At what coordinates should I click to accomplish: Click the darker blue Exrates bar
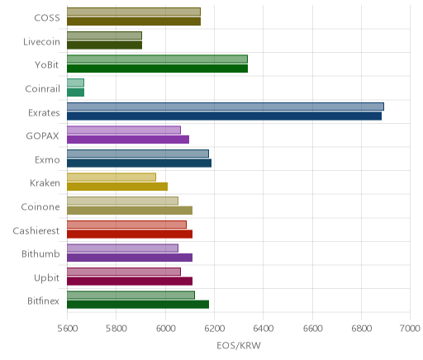(224, 116)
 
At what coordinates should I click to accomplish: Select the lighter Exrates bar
(226, 107)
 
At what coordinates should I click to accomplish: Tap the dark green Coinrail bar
(75, 92)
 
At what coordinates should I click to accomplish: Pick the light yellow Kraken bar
(112, 177)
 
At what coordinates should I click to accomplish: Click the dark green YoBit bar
(157, 69)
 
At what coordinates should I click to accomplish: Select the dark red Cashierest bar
(130, 234)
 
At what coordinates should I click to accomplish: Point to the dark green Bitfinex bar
(138, 305)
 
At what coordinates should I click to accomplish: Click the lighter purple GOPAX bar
(124, 130)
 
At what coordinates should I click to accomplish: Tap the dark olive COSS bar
(134, 21)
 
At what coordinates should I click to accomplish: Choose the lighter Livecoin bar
(104, 36)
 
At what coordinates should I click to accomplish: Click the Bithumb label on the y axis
(40, 253)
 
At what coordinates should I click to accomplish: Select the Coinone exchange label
(40, 206)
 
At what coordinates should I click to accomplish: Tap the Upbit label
(46, 277)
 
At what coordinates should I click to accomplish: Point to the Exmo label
(47, 159)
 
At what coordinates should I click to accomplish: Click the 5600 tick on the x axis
(68, 329)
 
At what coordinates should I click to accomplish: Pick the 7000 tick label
(410, 329)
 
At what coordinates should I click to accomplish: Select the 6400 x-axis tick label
(264, 329)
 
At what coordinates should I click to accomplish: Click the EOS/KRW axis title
(239, 345)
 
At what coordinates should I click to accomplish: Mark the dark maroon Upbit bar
(130, 281)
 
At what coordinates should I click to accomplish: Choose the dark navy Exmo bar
(139, 163)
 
